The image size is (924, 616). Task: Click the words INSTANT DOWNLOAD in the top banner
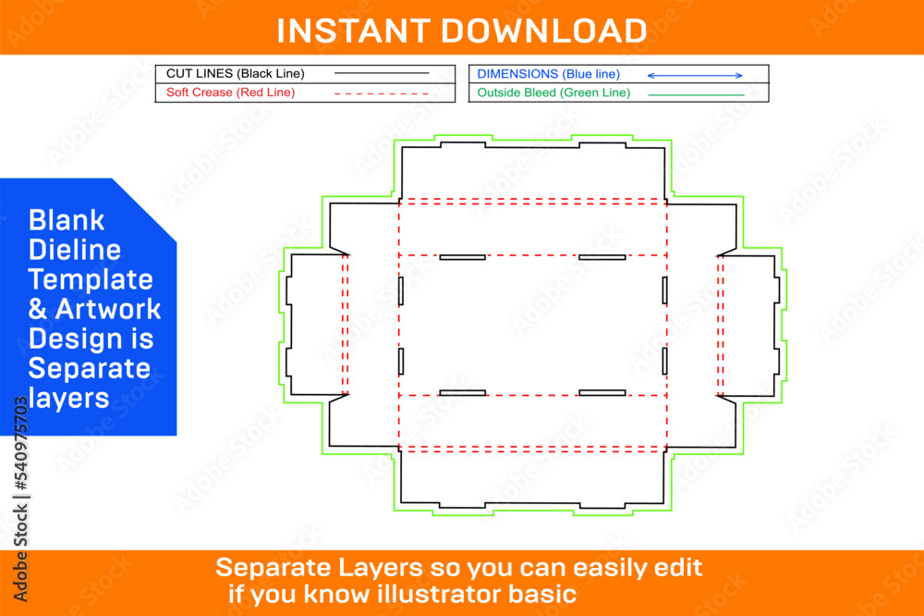pyautogui.click(x=461, y=30)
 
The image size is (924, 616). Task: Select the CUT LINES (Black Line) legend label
pyautogui.click(x=235, y=73)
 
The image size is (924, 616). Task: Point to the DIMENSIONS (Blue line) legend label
pyautogui.click(x=548, y=73)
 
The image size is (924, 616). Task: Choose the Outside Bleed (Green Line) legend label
pyautogui.click(x=553, y=92)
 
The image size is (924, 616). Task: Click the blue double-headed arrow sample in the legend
pyautogui.click(x=694, y=75)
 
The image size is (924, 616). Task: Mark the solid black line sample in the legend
pyautogui.click(x=381, y=73)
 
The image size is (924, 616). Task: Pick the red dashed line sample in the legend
pyautogui.click(x=381, y=93)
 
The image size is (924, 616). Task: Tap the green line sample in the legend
pyautogui.click(x=696, y=94)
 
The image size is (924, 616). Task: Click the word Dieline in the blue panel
pyautogui.click(x=75, y=250)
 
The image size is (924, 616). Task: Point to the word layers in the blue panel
pyautogui.click(x=68, y=398)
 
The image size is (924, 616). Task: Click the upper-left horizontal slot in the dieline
pyautogui.click(x=462, y=257)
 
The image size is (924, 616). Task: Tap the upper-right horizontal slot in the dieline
pyautogui.click(x=602, y=257)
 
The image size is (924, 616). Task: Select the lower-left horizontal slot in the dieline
pyautogui.click(x=462, y=393)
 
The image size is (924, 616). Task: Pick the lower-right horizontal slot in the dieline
pyautogui.click(x=602, y=393)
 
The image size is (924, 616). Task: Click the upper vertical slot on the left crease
pyautogui.click(x=401, y=290)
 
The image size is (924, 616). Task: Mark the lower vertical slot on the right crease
pyautogui.click(x=664, y=361)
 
